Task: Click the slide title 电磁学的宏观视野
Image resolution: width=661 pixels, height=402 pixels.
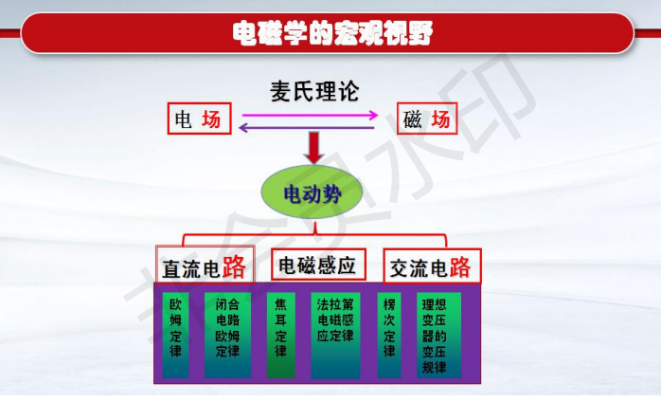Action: [332, 33]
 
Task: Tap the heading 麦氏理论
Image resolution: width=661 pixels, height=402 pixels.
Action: [314, 91]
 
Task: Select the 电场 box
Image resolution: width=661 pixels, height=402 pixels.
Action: [200, 119]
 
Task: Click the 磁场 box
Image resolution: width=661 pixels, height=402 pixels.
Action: [427, 119]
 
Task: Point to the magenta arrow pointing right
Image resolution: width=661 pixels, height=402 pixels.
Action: [310, 115]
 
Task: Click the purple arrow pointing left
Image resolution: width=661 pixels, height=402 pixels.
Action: [307, 127]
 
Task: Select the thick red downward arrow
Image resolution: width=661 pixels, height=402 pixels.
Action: [314, 148]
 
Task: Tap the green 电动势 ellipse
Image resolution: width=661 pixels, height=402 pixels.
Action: [312, 193]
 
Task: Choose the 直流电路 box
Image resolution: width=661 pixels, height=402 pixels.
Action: [205, 265]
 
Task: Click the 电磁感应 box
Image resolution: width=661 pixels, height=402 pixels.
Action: [318, 265]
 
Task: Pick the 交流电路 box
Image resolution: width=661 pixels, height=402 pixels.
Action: [432, 266]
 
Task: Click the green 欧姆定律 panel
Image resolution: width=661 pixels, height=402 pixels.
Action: [175, 335]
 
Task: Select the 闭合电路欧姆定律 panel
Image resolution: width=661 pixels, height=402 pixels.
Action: [227, 335]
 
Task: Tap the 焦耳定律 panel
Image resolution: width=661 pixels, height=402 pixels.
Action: [280, 335]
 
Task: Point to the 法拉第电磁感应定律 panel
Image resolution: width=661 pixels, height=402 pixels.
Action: [335, 335]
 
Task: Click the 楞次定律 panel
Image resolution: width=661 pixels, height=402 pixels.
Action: [389, 335]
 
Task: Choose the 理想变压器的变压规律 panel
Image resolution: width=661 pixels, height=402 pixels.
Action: [438, 335]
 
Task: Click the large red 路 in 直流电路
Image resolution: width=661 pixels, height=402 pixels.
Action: [234, 266]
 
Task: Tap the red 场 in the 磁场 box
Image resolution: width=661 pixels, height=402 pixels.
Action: [441, 119]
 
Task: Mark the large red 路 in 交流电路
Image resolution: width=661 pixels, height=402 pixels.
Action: [460, 266]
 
